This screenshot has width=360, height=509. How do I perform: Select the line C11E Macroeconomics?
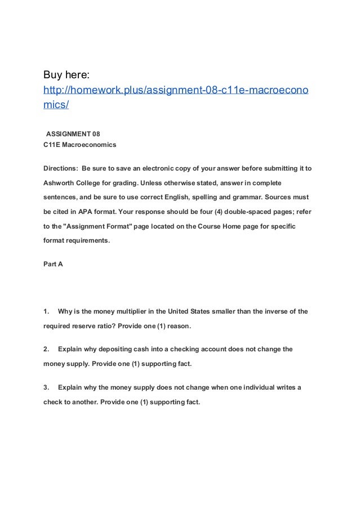(80, 145)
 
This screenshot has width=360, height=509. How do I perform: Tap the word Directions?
(61, 168)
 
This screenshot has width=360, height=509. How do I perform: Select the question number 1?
(46, 311)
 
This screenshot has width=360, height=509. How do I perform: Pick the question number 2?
(46, 349)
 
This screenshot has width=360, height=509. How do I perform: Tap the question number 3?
(46, 387)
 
